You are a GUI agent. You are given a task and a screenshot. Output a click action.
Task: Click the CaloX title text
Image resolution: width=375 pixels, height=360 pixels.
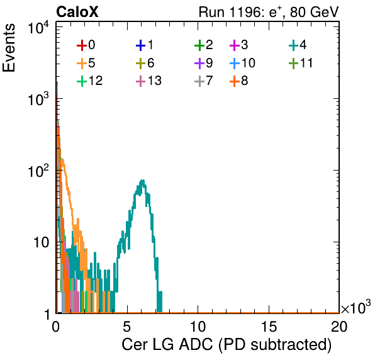pos(77,12)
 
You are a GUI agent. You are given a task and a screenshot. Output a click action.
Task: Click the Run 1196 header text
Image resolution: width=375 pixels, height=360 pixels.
pos(269,12)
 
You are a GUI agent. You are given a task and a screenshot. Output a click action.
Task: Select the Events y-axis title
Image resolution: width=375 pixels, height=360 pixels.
pos(9,48)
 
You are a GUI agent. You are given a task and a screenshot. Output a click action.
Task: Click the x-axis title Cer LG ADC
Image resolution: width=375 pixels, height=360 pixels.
pos(227,345)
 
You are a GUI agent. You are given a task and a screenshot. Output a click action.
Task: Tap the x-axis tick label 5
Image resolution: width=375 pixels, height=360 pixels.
pos(126,327)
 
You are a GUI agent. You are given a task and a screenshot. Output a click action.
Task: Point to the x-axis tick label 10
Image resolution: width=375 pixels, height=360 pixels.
pos(198,327)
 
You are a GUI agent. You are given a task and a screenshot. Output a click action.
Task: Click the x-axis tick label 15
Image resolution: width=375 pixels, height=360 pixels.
pos(269,327)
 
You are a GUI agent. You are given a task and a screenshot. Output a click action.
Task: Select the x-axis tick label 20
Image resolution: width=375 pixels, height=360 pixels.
pos(339,327)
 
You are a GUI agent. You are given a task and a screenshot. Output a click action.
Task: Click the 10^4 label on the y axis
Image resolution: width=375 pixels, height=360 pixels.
pos(38,28)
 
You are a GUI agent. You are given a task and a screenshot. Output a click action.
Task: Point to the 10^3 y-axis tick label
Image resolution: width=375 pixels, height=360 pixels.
pos(38,99)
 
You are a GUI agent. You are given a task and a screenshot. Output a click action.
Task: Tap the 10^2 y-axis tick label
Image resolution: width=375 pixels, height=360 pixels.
pos(38,171)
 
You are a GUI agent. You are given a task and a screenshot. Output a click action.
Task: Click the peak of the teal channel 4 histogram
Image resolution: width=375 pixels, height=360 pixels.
pos(143,181)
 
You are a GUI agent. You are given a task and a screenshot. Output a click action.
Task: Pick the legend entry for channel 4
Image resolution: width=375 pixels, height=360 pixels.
pos(298,45)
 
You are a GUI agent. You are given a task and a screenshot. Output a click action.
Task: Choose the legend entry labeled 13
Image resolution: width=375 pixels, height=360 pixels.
pos(148,81)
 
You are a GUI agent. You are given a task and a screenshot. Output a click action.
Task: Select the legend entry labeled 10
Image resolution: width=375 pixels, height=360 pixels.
pos(242,63)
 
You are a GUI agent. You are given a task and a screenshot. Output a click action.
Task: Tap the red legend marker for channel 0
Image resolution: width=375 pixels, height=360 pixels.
pos(82,45)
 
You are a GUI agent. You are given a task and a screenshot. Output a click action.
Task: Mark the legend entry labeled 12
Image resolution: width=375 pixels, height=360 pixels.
pos(90,81)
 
